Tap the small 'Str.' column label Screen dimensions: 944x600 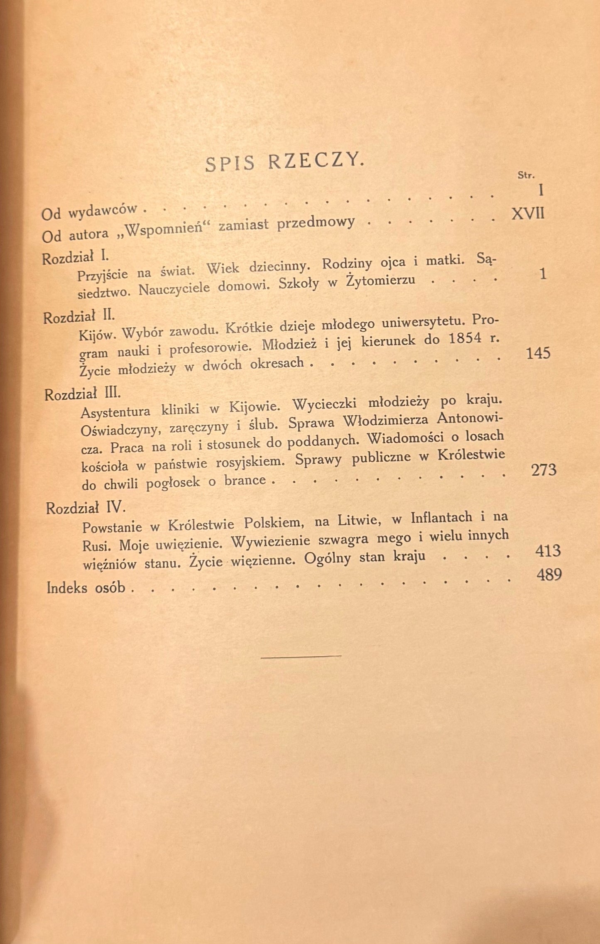point(526,175)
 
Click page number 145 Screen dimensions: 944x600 point(538,353)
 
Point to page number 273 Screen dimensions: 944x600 point(543,470)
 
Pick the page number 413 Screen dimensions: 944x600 point(548,550)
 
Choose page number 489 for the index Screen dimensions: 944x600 point(549,575)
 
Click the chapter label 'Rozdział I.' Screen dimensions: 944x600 point(75,257)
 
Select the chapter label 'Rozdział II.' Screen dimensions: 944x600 point(78,317)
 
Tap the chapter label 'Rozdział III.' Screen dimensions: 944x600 point(82,393)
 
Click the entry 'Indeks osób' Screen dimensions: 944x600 point(86,587)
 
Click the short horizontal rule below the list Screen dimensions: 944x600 point(301,656)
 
